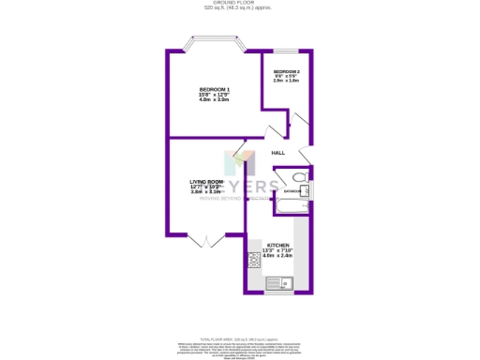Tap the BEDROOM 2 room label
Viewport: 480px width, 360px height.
click(286, 71)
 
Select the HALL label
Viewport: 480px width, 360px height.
click(277, 153)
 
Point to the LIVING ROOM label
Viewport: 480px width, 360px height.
click(206, 181)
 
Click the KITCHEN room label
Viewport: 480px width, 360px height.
click(277, 245)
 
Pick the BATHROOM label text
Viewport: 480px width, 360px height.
click(292, 191)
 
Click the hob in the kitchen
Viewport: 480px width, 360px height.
click(253, 260)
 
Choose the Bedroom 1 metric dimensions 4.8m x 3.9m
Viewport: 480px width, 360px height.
click(214, 99)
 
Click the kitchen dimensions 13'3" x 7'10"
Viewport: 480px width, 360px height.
click(277, 250)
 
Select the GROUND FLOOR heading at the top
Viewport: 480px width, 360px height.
click(239, 3)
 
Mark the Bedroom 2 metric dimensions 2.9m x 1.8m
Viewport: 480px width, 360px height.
click(286, 81)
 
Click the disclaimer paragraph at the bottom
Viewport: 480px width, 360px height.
click(239, 348)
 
